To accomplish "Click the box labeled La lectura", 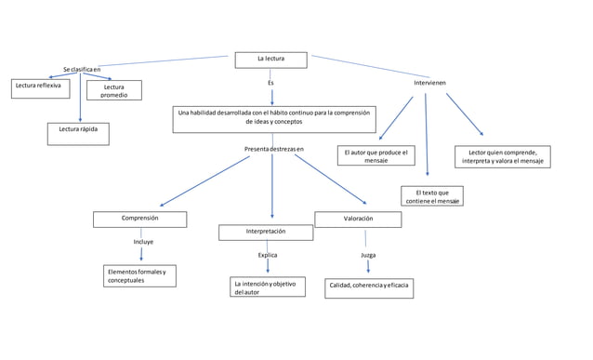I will pos(270,60).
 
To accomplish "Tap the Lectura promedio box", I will pos(113,90).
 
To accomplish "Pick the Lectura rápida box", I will pos(78,134).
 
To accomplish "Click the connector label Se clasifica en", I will pos(83,70).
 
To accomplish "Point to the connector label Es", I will pos(270,83).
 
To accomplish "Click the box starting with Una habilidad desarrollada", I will pos(273,118).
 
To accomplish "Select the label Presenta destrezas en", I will pos(273,149).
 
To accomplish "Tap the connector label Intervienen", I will pos(428,83).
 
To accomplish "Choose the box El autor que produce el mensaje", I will pos(376,155).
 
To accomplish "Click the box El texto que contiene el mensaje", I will pos(432,196).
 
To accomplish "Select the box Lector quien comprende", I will pos(503,156).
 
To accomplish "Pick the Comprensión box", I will pos(139,219).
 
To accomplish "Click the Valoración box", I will pos(358,220).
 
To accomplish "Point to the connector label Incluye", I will pos(143,242).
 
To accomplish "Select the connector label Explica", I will pos(267,254).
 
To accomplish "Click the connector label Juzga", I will pos(368,254).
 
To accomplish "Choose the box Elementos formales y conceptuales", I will pos(139,276).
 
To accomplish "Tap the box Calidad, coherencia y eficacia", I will pos(368,287).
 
